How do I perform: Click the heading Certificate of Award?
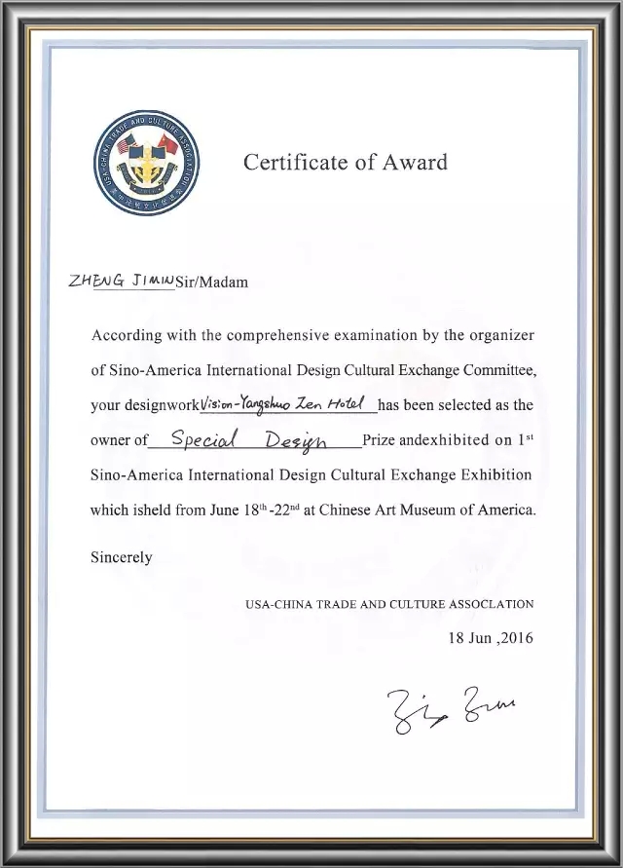346,162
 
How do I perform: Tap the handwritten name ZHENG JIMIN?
121,281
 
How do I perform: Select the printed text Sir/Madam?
211,283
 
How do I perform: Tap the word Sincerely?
121,557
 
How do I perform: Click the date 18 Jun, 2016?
491,639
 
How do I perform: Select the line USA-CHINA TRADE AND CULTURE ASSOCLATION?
388,604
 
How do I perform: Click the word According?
128,335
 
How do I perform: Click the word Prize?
380,440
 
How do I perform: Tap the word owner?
111,440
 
